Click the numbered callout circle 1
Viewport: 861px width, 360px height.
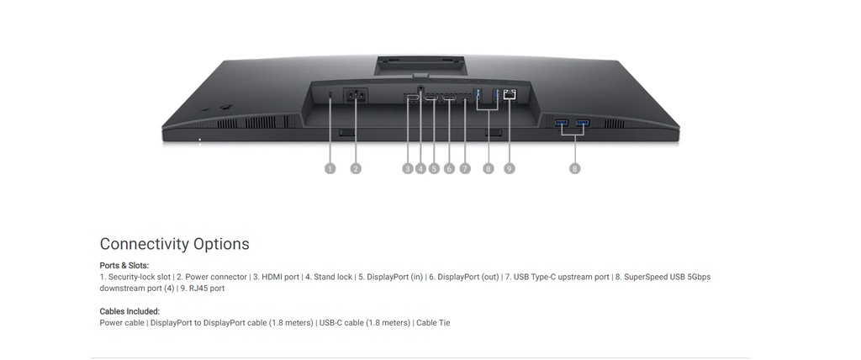330,169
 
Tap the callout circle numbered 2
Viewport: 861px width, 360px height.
356,169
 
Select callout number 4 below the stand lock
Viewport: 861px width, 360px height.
420,169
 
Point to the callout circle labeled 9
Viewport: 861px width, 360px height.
509,169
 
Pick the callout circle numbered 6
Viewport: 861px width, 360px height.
449,169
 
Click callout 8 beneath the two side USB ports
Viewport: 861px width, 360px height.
575,169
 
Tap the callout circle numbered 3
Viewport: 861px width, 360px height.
408,169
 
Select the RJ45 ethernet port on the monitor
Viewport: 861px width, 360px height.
509,95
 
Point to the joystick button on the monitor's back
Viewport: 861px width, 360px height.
226,107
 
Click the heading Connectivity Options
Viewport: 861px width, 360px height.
174,244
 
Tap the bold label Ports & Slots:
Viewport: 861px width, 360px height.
124,266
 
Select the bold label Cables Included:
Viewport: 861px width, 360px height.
129,311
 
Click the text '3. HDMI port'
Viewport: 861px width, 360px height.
276,277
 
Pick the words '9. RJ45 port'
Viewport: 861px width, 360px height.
202,289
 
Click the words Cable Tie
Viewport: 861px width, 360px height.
433,323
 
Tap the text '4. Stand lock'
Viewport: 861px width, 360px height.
329,277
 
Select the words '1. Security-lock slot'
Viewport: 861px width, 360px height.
135,277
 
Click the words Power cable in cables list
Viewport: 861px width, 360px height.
122,323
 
